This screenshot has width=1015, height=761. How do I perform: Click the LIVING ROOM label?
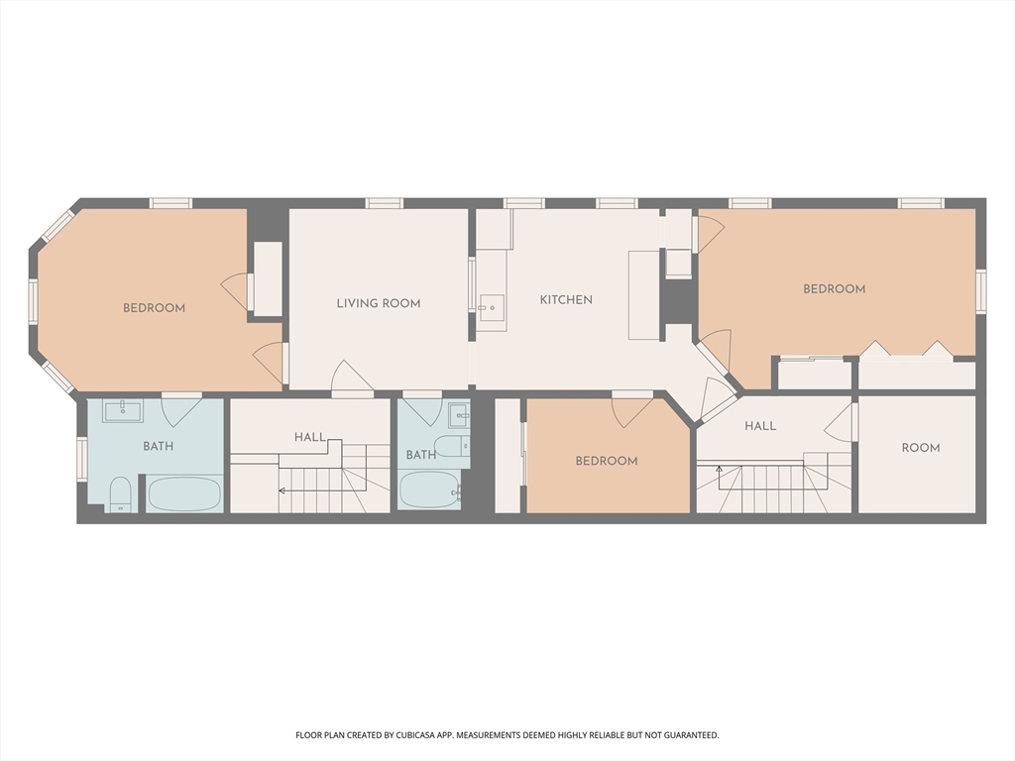(379, 303)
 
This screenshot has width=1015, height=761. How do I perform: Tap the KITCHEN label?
(566, 299)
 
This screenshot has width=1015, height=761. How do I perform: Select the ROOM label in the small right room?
(921, 448)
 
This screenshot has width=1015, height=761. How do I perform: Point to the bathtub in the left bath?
(184, 493)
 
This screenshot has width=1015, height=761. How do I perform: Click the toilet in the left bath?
(120, 495)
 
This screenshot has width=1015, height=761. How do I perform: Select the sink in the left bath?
(123, 411)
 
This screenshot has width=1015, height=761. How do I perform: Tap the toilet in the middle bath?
(452, 446)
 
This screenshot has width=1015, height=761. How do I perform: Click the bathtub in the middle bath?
(430, 489)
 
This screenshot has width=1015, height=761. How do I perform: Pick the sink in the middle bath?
(459, 415)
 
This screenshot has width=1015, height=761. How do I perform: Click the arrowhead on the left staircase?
(282, 491)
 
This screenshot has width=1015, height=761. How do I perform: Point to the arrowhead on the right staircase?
(719, 469)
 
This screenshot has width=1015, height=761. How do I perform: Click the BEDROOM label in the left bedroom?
(154, 308)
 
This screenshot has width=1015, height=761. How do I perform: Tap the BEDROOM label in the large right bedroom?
(835, 289)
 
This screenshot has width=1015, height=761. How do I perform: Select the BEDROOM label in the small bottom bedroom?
(607, 461)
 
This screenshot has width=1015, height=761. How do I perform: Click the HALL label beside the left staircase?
(310, 437)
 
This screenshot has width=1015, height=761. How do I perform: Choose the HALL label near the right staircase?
(760, 426)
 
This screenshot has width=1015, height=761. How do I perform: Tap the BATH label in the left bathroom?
(158, 446)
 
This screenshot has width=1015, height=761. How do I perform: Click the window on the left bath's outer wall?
(82, 459)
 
